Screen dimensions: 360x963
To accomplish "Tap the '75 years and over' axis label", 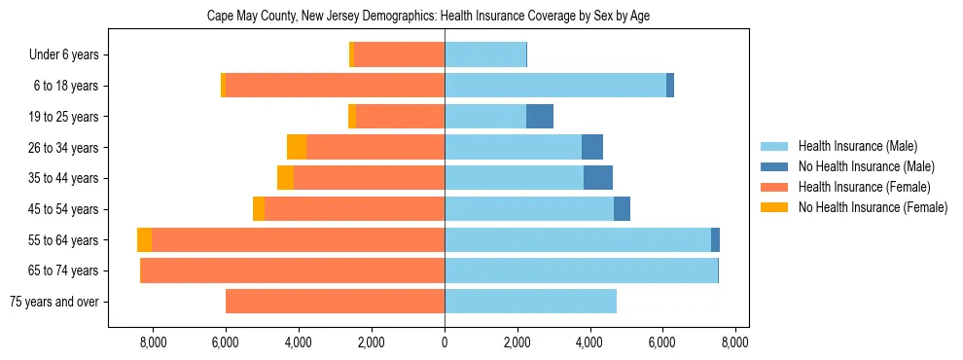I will [53, 302].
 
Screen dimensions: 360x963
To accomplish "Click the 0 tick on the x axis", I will [445, 342].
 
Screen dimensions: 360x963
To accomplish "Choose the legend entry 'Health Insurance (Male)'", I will [857, 147].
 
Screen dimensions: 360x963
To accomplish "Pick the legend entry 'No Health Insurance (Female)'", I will [873, 207].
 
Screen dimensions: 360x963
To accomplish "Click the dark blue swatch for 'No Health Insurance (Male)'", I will [774, 167].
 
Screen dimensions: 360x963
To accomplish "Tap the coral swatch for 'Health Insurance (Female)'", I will [774, 187].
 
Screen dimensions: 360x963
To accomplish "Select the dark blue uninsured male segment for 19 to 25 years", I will [540, 117].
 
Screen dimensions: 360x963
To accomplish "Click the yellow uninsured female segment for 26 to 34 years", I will [297, 147].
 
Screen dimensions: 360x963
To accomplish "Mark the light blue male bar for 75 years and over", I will [530, 302].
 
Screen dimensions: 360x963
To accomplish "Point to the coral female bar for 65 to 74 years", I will [293, 270].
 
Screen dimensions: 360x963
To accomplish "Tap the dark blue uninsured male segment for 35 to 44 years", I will [598, 178].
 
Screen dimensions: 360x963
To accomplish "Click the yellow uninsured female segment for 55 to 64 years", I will [144, 239].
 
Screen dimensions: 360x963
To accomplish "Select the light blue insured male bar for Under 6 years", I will [485, 55].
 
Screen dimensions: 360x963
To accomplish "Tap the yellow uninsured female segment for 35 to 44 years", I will [285, 178].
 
